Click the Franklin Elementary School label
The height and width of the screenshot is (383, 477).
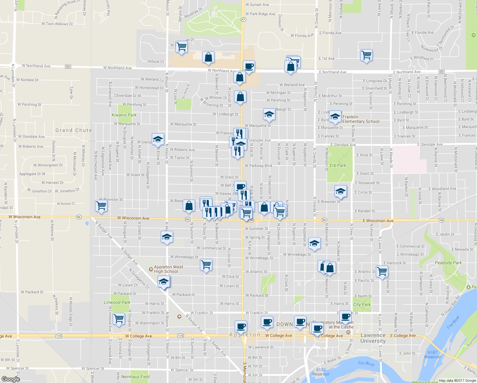coord(361,119)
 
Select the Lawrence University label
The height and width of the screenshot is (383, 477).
coord(373,338)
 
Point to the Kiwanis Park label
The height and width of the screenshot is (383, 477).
coord(124,115)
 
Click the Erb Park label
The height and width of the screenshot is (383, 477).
coord(338,165)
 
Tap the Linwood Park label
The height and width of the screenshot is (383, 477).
coord(117,302)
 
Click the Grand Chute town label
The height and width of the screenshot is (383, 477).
coord(74,130)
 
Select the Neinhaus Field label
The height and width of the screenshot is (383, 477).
coord(135,377)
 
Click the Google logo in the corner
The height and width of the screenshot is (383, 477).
coord(11,379)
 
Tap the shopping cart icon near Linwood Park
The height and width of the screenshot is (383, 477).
coord(119,319)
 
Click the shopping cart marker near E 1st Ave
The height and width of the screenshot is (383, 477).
coord(366,55)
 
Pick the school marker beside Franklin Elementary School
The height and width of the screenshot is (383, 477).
coord(335,117)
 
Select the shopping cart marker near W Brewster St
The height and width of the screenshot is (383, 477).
coord(101,206)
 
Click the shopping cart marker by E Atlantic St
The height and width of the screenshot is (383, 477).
coord(382,272)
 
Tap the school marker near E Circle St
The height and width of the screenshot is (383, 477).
coord(340,191)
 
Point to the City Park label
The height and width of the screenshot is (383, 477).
coord(362,304)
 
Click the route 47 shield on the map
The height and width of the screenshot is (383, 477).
coord(243,19)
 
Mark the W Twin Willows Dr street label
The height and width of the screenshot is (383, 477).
coord(57,24)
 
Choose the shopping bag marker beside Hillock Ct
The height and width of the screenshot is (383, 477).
coord(208,58)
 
